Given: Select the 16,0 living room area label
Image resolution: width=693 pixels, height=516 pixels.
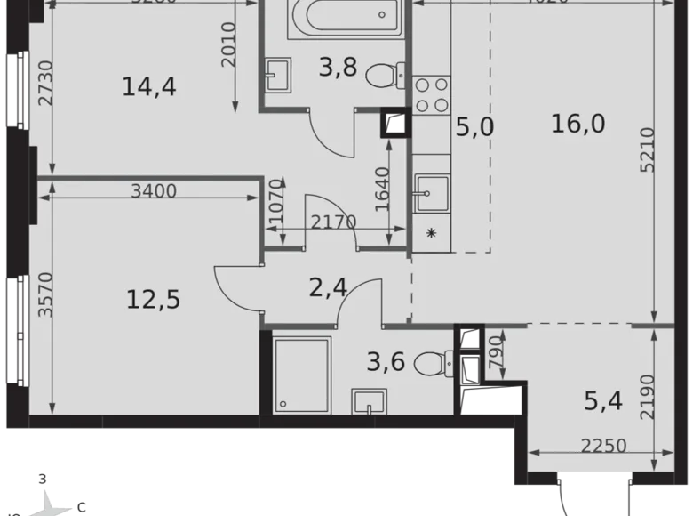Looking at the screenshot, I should coord(577,125).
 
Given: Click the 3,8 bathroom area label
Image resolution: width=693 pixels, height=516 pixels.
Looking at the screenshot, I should coord(337,67).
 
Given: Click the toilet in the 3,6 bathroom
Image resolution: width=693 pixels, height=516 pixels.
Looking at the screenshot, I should coord(434,362).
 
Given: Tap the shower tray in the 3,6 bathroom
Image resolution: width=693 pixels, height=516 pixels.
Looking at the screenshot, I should coord(301,375).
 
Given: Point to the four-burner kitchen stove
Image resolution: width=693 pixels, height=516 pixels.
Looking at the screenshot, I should coord(431,94).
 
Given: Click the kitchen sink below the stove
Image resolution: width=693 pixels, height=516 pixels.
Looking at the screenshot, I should coord(433,190).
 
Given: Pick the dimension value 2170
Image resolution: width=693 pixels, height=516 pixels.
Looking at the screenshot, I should coord(334,222).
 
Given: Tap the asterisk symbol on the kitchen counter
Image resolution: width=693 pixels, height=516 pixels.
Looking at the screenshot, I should coord(432,234).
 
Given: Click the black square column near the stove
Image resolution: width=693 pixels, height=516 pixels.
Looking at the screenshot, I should coord(394,122).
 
